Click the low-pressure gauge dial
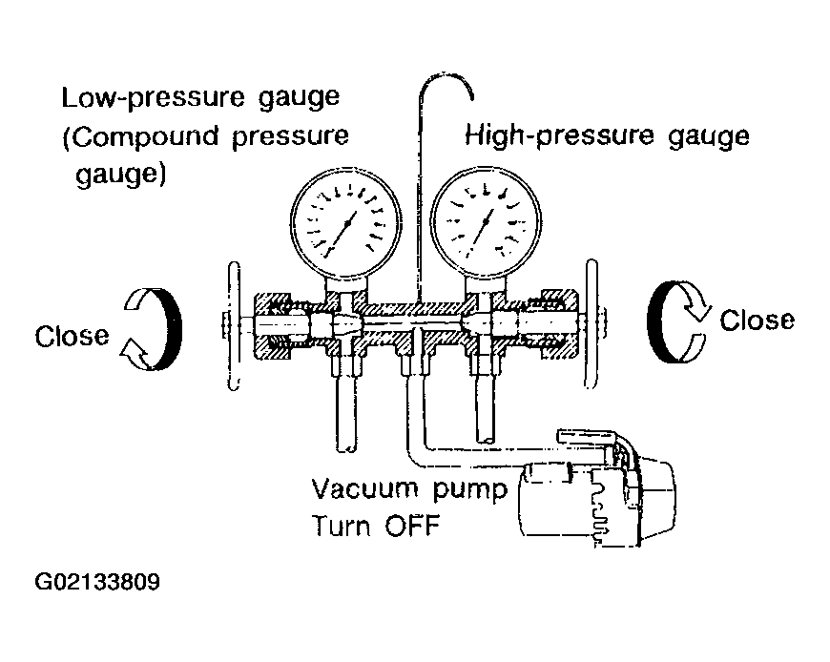(x=346, y=223)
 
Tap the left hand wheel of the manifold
(x=234, y=326)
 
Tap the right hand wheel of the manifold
(x=591, y=324)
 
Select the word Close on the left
(x=72, y=336)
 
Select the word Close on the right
(x=757, y=321)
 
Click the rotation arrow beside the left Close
(x=154, y=329)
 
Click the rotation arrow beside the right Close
(x=677, y=321)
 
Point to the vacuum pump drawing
(x=595, y=487)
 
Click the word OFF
(x=412, y=526)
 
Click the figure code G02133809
(x=97, y=582)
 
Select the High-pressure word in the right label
(x=559, y=136)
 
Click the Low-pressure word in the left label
(x=153, y=98)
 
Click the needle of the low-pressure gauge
(x=341, y=235)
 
